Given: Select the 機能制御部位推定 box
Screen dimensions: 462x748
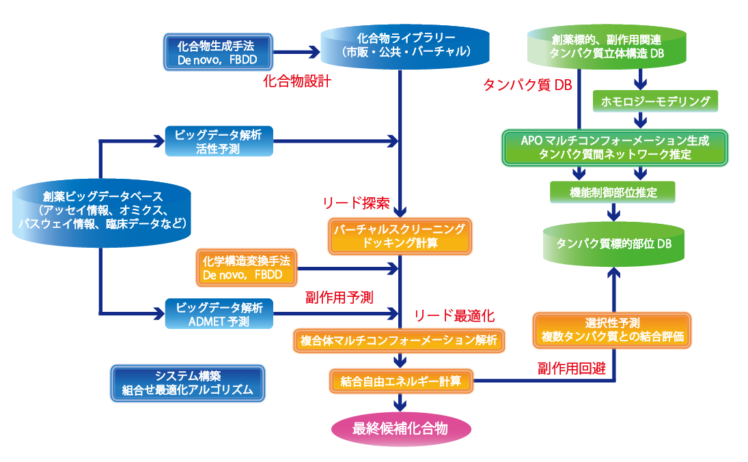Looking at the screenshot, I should tap(613, 192).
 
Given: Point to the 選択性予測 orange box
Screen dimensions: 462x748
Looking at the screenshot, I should tap(612, 330).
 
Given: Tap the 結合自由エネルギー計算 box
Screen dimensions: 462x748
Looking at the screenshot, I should tap(400, 379).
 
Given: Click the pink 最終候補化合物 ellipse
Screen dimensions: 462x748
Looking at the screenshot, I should tap(400, 429).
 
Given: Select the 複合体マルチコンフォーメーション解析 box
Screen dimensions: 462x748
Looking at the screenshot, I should tap(400, 339).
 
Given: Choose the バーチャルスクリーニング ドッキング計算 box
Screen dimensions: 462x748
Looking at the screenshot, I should tap(400, 236).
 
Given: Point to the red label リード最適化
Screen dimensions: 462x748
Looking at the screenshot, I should tap(454, 315).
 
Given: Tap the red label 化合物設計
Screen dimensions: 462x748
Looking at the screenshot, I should tap(297, 81).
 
